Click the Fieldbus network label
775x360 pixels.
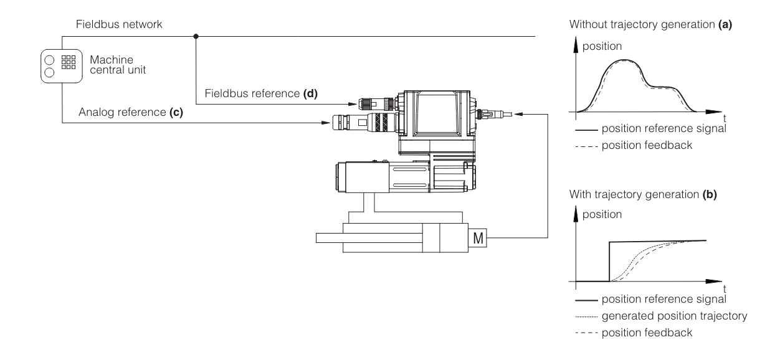pos(119,24)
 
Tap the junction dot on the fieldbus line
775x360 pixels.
pos(196,36)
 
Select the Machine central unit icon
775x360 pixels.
pos(62,66)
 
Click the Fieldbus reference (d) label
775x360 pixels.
pos(261,93)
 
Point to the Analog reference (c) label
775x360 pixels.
pos(131,112)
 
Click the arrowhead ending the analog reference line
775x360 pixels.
pos(326,123)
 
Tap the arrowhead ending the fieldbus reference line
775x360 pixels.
pos(353,104)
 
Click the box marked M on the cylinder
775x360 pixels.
pos(478,238)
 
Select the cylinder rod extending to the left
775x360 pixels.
pos(369,238)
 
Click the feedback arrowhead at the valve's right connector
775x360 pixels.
pos(518,114)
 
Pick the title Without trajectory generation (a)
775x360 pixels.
pos(650,24)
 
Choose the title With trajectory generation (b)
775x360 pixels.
pos(643,194)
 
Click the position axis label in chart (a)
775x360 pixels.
pos(602,46)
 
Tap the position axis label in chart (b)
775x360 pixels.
pos(602,214)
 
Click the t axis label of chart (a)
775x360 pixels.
pos(724,118)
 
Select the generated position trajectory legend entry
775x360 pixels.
pos(661,316)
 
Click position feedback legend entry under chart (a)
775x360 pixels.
pos(634,146)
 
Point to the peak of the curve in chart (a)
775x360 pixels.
pos(624,60)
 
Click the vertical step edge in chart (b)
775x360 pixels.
pos(609,262)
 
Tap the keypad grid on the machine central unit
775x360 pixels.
pos(69,62)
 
